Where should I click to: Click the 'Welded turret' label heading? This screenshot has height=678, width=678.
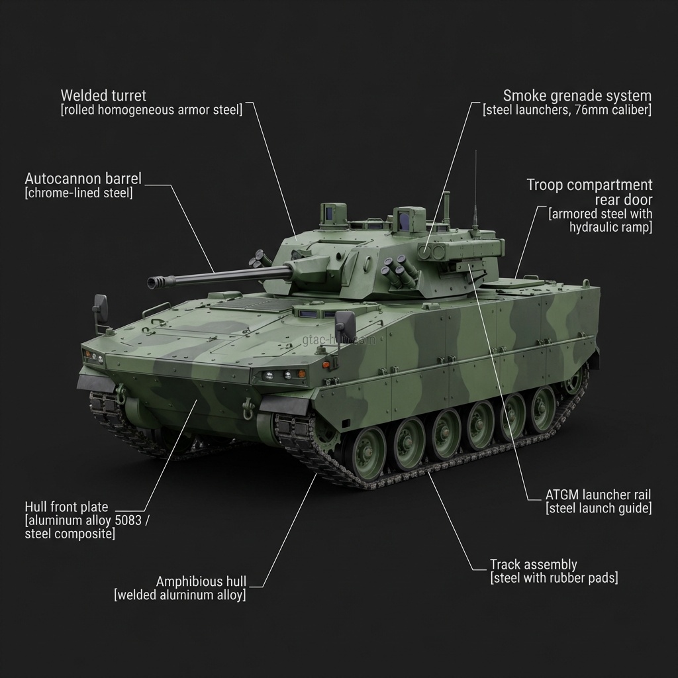(103, 95)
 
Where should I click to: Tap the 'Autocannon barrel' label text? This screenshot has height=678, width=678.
(83, 179)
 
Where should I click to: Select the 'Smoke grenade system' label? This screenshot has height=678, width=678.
(577, 95)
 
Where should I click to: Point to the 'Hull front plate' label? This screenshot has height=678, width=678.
(66, 507)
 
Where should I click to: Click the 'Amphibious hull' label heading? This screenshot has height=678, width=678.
(201, 581)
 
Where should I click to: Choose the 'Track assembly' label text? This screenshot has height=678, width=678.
(533, 565)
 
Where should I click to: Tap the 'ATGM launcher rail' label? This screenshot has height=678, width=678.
(598, 495)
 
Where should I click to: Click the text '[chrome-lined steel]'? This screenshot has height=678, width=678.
(78, 193)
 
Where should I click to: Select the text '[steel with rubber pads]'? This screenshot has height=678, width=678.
(554, 578)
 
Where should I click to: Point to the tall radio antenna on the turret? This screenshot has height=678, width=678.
(475, 192)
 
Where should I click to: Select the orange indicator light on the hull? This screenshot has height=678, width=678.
(326, 365)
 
